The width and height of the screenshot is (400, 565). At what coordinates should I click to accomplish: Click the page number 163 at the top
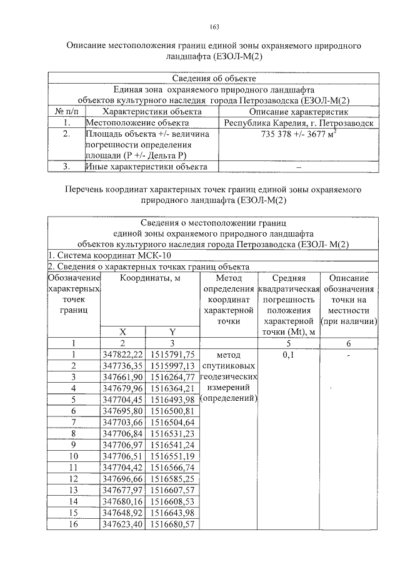coord(214,27)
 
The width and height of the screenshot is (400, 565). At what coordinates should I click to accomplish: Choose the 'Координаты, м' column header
coord(150,278)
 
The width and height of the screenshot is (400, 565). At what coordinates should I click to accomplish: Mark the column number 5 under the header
coord(289,342)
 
